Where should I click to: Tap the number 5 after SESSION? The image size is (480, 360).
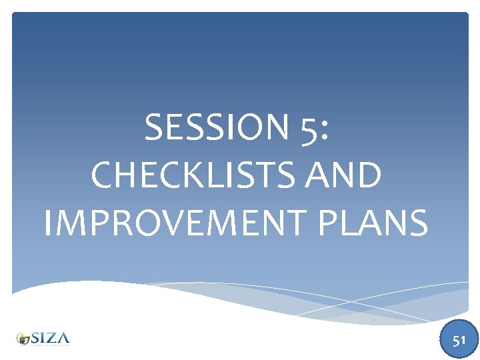click(x=308, y=128)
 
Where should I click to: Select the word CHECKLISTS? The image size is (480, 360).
click(x=192, y=175)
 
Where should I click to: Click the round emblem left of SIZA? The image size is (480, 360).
click(x=24, y=339)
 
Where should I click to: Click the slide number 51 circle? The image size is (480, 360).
click(x=459, y=340)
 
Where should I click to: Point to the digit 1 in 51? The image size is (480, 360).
click(x=463, y=341)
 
